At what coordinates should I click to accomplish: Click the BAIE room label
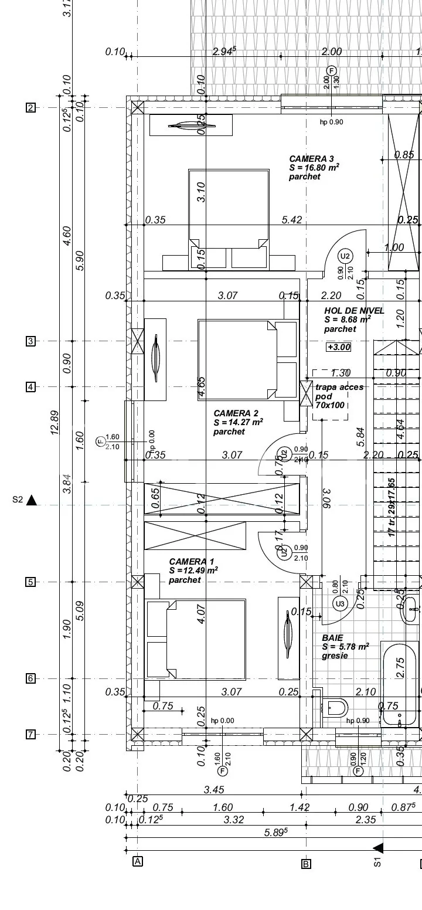[332, 637]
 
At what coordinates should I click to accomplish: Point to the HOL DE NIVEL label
[354, 311]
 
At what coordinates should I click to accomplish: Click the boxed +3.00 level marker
[339, 347]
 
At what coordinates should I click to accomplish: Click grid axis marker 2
[30, 107]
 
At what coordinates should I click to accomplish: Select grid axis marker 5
[30, 582]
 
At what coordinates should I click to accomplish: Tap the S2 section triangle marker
[32, 500]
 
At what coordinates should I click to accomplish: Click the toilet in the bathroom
[335, 708]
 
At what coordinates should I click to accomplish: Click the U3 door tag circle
[339, 603]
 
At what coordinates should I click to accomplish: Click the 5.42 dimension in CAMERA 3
[291, 220]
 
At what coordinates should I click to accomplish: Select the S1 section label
[378, 863]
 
